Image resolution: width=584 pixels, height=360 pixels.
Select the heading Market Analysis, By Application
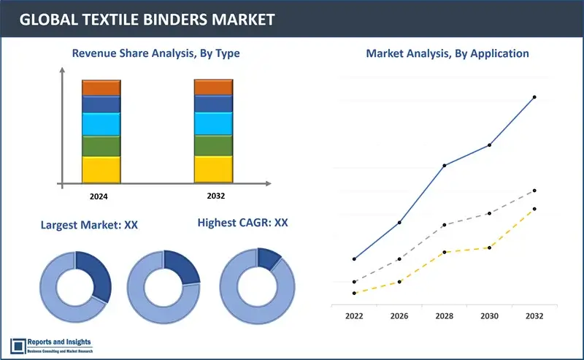tap(447, 53)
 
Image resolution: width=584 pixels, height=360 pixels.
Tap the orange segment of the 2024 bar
tap(101, 88)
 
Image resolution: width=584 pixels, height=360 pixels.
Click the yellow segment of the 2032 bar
tap(213, 169)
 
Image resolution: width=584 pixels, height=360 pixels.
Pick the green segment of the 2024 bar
tap(101, 146)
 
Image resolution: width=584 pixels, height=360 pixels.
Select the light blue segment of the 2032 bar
tap(213, 123)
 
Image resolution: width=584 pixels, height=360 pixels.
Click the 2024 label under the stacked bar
tap(100, 196)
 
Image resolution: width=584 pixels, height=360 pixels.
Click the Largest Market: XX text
tap(90, 225)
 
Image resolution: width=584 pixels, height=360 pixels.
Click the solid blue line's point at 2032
tap(534, 97)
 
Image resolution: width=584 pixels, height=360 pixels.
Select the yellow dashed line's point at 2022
tap(354, 293)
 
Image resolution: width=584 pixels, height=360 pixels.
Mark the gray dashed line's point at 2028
tap(445, 225)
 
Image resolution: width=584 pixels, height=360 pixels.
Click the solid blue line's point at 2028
tap(445, 166)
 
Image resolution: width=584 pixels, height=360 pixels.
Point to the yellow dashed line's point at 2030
tap(489, 248)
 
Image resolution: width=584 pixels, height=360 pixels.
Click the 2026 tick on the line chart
tap(399, 316)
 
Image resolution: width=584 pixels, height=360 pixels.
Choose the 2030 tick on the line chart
tap(489, 316)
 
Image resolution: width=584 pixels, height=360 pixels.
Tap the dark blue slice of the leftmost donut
tap(96, 274)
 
